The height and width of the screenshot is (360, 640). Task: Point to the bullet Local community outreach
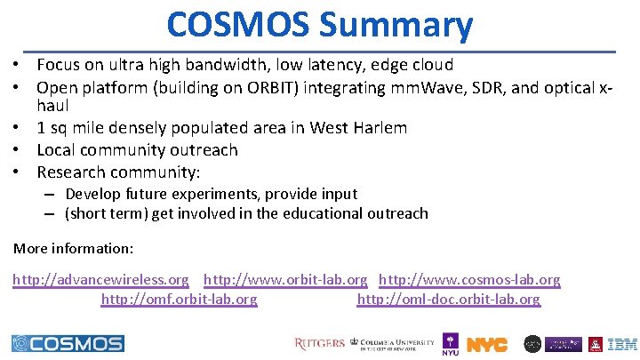[x=137, y=150]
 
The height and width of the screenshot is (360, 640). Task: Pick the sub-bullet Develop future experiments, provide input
[x=211, y=194]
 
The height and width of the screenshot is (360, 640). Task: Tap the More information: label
[x=73, y=247]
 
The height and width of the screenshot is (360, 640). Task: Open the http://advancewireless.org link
[x=100, y=280]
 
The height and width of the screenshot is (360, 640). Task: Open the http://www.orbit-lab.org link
[x=285, y=280]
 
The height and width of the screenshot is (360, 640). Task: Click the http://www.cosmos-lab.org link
[x=469, y=280]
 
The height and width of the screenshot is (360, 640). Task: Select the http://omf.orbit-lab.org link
[x=179, y=300]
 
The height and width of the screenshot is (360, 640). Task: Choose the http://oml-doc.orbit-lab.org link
[x=448, y=300]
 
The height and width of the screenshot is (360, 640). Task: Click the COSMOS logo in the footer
[x=68, y=343]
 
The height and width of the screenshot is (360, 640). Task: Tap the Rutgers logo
[x=319, y=343]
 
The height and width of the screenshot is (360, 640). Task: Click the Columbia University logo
[x=393, y=343]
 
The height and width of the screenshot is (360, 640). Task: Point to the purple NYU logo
[x=451, y=344]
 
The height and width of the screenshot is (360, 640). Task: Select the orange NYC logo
[x=487, y=344]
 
